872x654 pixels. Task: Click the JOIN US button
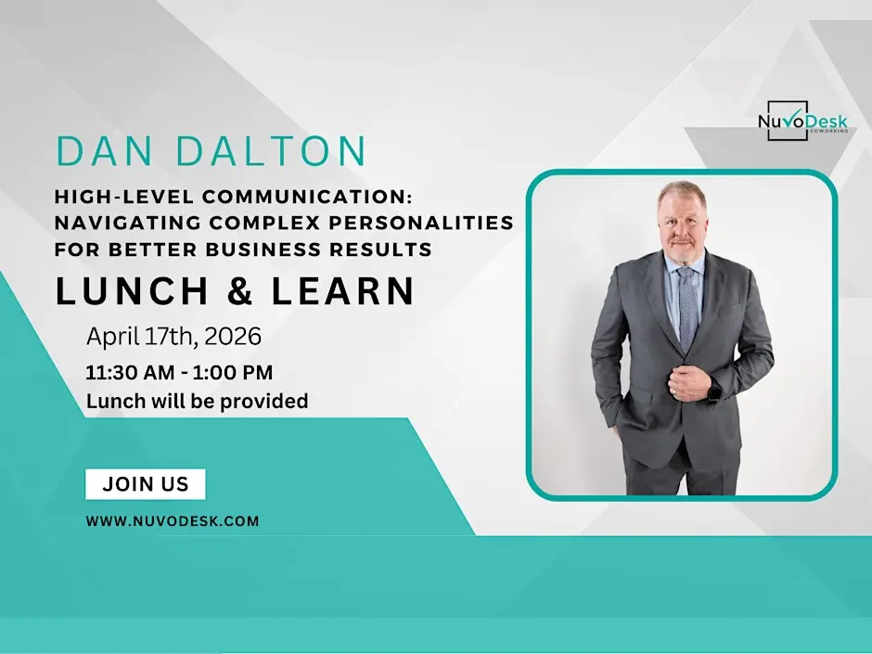[145, 484]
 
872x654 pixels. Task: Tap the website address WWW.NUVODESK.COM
[173, 521]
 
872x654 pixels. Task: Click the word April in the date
[111, 335]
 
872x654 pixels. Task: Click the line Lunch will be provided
[197, 402]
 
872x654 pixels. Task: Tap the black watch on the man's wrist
[713, 392]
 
